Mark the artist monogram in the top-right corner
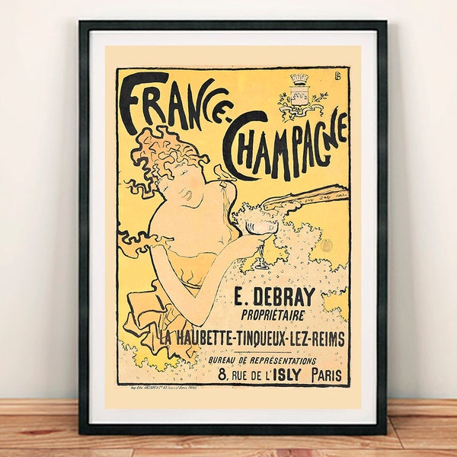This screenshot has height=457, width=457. coord(337,78)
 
